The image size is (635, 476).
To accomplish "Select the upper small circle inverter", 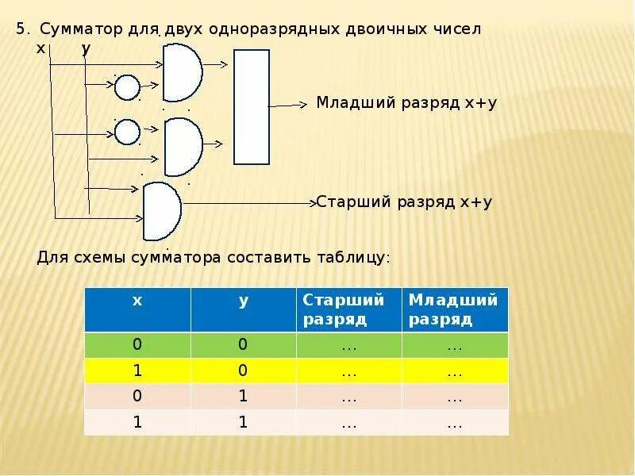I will pyautogui.click(x=127, y=87).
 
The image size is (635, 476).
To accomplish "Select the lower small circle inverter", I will pyautogui.click(x=127, y=132).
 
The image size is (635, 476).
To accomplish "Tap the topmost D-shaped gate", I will pyautogui.click(x=182, y=72).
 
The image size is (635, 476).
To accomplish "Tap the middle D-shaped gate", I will pyautogui.click(x=182, y=147).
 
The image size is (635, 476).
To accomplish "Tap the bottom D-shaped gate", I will pyautogui.click(x=162, y=211).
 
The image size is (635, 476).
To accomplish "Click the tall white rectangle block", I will pyautogui.click(x=252, y=106).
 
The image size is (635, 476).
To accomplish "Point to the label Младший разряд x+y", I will pyautogui.click(x=406, y=103).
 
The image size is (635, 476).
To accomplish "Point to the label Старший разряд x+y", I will pyautogui.click(x=405, y=202).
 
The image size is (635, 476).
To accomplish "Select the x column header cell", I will pyautogui.click(x=137, y=309).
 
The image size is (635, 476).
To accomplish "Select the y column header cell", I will pyautogui.click(x=243, y=309).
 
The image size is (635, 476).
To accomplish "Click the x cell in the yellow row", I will pyautogui.click(x=137, y=370).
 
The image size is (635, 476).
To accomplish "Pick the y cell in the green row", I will pyautogui.click(x=243, y=344).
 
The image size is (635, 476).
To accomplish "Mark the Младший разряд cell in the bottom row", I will pyautogui.click(x=455, y=423).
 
